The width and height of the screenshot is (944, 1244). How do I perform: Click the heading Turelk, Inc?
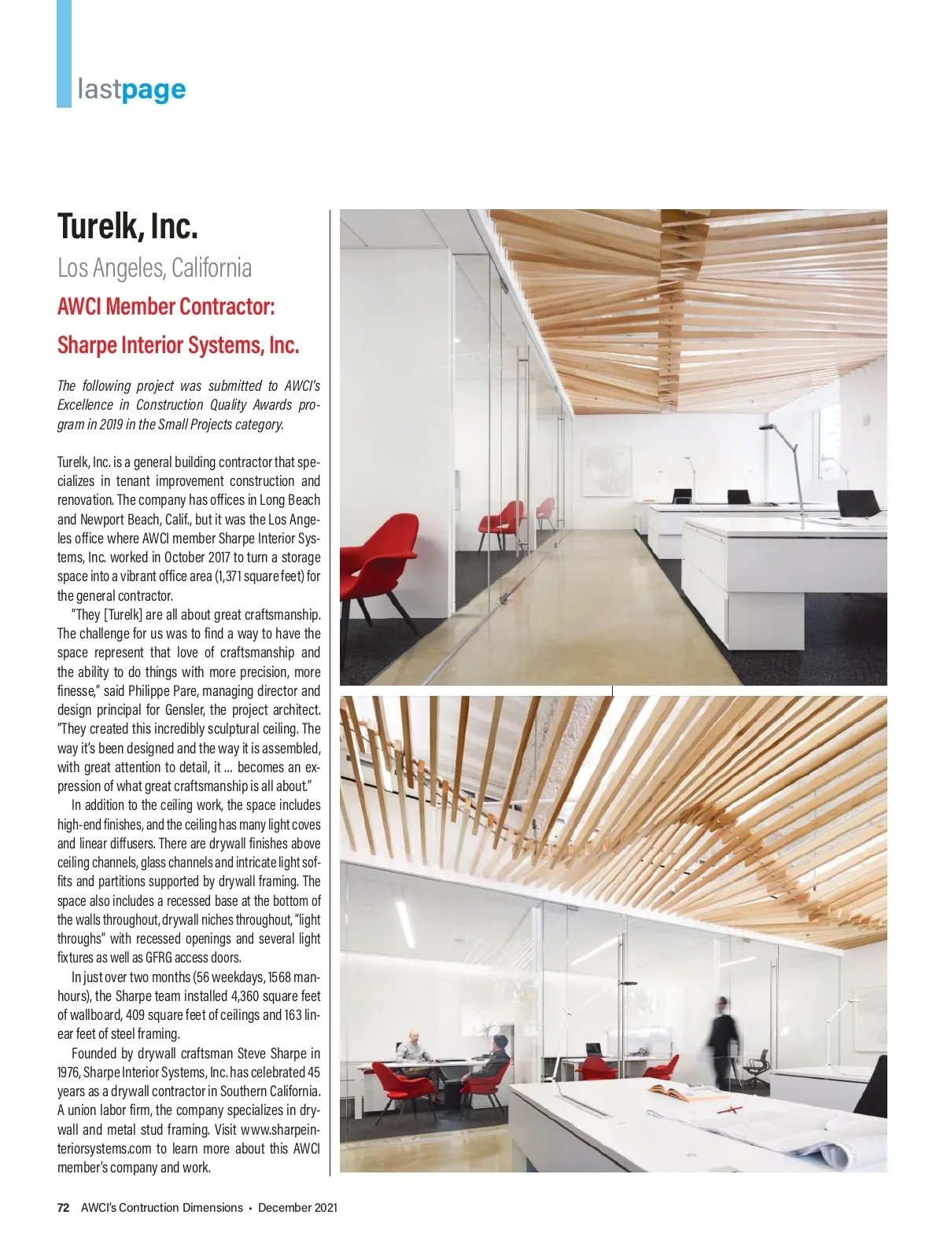(x=127, y=226)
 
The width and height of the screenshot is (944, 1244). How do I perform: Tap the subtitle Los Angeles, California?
(x=154, y=268)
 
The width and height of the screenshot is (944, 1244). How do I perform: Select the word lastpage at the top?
(x=131, y=90)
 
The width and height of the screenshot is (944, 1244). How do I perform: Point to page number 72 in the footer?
(x=63, y=1207)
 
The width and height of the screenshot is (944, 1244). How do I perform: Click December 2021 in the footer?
(x=297, y=1207)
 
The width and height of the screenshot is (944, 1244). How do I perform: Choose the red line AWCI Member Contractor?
(x=166, y=306)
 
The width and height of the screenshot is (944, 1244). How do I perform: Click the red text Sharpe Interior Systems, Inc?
(x=178, y=345)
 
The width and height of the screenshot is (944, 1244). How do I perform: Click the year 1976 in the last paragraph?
(x=68, y=1073)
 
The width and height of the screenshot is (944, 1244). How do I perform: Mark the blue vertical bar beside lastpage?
(x=64, y=53)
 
